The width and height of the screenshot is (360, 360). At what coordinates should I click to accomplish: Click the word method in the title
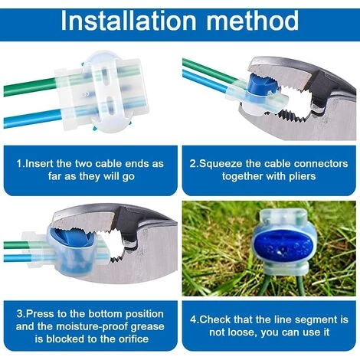pyautogui.click(x=252, y=21)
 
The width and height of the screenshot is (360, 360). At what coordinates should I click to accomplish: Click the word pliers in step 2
pyautogui.click(x=303, y=176)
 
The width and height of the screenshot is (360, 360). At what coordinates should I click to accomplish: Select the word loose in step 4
pyautogui.click(x=243, y=332)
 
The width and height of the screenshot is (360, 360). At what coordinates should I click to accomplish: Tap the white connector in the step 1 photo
pyautogui.click(x=102, y=92)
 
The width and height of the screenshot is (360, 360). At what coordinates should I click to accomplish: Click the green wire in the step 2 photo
pyautogui.click(x=209, y=69)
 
